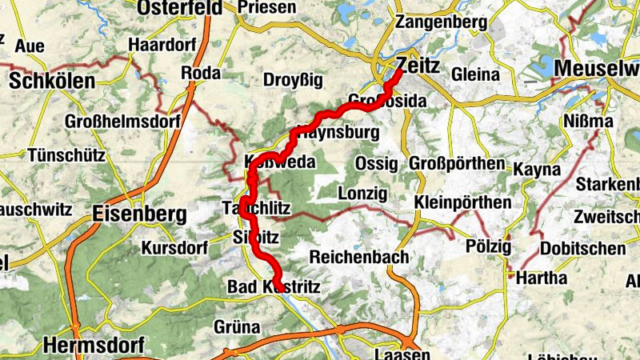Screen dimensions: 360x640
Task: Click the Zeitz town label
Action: click(417, 66)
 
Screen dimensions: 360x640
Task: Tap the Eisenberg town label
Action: click(139, 214)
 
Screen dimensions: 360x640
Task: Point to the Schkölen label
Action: click(52, 81)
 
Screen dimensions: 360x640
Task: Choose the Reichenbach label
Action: click(359, 258)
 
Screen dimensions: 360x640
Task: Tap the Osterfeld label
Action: click(179, 7)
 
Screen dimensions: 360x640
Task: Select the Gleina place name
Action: click(474, 74)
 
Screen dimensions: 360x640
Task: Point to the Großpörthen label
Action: click(457, 164)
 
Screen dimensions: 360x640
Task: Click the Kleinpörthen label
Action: click(462, 202)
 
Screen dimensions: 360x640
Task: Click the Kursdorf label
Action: click(174, 248)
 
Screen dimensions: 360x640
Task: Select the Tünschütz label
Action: click(66, 154)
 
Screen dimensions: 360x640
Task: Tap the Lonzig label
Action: click(362, 194)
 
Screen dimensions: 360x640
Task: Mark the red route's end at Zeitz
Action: click(400, 71)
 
